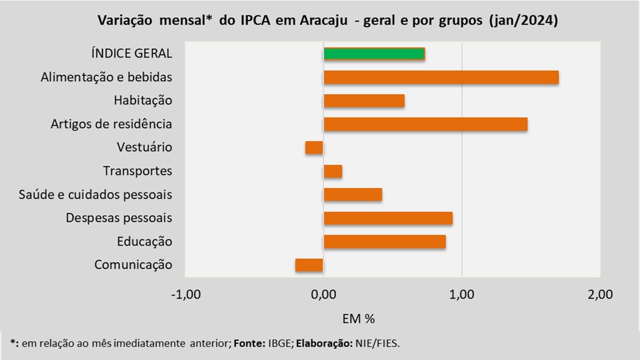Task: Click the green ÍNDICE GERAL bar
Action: tap(374, 54)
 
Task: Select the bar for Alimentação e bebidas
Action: tap(441, 77)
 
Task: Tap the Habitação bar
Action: tap(364, 101)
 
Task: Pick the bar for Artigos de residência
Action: tap(425, 124)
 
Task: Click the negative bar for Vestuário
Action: tap(314, 147)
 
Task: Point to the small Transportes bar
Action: tap(333, 171)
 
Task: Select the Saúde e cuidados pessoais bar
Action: tap(353, 194)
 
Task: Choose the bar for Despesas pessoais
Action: tap(388, 218)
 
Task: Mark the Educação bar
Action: tap(384, 241)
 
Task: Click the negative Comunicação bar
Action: tap(309, 265)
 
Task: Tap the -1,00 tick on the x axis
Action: tap(185, 294)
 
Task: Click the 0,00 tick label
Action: tap(323, 294)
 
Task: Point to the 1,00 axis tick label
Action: tap(462, 294)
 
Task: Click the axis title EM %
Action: tap(358, 318)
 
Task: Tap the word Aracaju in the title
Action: tap(323, 21)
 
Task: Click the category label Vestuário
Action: tap(144, 147)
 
